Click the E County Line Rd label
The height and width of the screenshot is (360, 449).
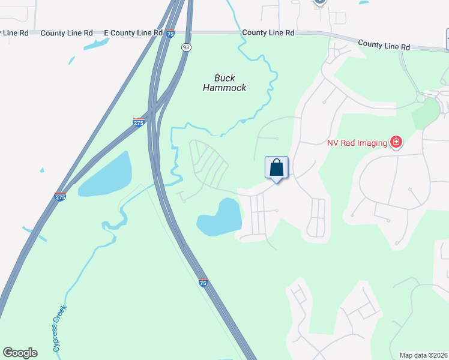(x=133, y=32)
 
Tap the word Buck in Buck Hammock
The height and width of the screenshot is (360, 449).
(x=225, y=78)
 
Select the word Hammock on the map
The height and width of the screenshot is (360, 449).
(x=224, y=88)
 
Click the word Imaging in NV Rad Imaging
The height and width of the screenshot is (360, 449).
(x=372, y=143)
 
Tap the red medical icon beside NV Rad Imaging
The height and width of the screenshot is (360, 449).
(x=396, y=142)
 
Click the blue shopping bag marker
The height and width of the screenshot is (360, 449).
(x=277, y=167)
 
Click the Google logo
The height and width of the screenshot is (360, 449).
(x=20, y=353)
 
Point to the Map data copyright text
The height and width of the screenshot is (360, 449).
(x=424, y=355)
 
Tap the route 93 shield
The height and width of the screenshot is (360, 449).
(x=187, y=47)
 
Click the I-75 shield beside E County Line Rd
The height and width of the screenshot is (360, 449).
(x=170, y=34)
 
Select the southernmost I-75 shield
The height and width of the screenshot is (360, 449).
(x=203, y=283)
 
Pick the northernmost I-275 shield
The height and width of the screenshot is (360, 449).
(x=139, y=122)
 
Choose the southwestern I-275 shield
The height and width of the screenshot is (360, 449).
(x=60, y=196)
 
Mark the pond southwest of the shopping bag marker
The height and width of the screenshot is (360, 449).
(x=220, y=218)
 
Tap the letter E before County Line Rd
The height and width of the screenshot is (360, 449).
(x=106, y=32)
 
